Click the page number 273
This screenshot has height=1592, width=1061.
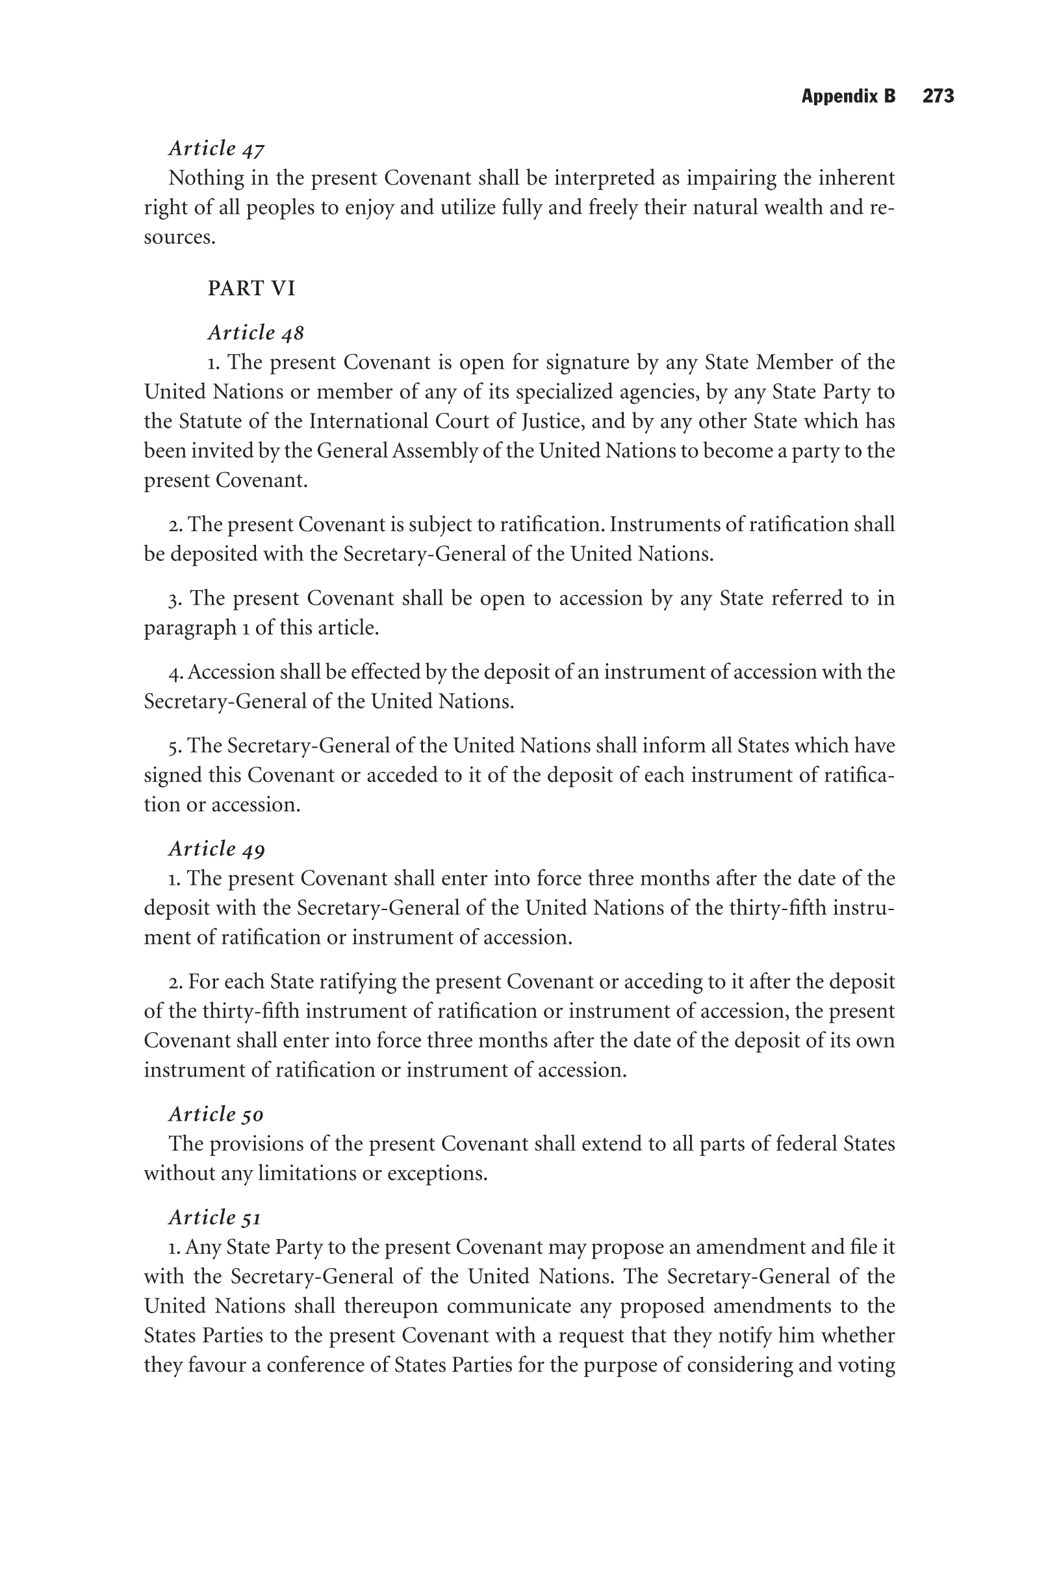coord(938,96)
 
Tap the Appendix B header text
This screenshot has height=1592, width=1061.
coord(848,96)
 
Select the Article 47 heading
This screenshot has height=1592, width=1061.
coord(216,148)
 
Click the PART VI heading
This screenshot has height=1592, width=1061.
coord(251,289)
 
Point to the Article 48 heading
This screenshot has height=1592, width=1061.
coord(256,332)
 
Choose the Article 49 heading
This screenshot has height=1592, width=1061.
coord(216,849)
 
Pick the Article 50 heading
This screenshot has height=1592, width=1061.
coord(216,1114)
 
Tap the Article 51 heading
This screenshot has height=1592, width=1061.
coord(214,1217)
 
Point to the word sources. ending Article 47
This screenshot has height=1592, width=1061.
coord(179,237)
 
